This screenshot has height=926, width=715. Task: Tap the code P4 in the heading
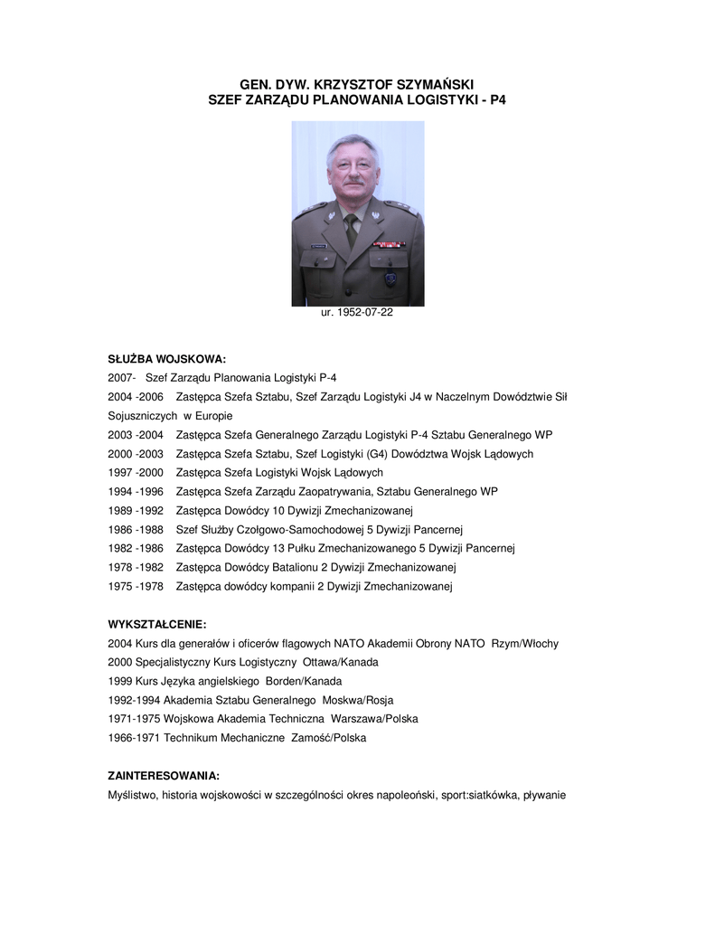pos(497,100)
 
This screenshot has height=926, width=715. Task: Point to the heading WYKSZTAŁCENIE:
pos(157,624)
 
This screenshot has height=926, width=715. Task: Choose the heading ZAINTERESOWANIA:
pos(164,776)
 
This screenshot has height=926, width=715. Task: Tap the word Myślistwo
pos(133,795)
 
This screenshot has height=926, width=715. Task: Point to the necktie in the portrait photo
pos(351,231)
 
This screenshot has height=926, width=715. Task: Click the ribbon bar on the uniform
pos(390,243)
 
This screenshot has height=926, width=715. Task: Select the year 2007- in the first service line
pos(121,377)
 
